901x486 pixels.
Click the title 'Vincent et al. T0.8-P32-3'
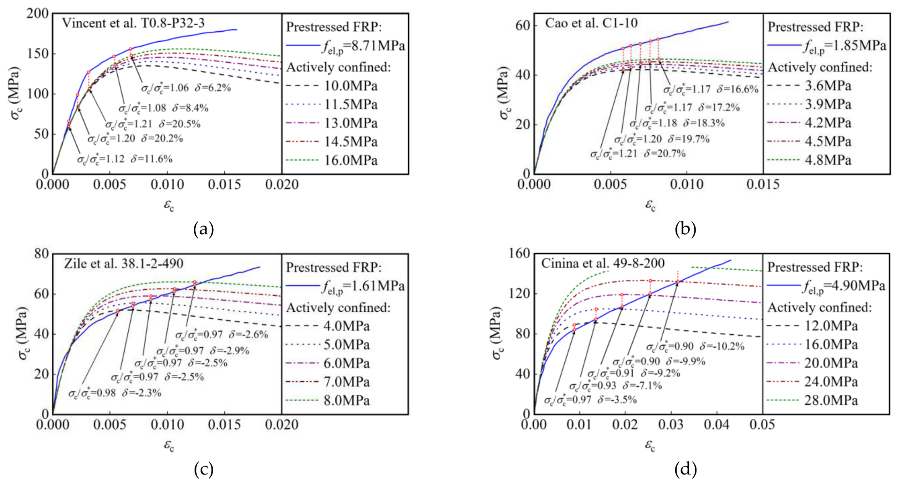[133, 23]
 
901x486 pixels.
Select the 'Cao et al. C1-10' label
[591, 23]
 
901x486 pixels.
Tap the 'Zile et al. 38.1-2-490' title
[124, 263]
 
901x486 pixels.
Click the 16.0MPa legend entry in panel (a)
[332, 160]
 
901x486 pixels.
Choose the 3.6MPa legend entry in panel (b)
[809, 86]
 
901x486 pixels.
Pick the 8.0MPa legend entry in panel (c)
[328, 400]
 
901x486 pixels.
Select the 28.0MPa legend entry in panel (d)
[812, 400]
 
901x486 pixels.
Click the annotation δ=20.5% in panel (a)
[179, 124]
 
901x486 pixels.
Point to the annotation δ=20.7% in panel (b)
[665, 154]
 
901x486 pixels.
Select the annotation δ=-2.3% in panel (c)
[142, 393]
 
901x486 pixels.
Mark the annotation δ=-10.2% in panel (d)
[722, 346]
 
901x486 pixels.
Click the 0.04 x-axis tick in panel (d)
[717, 424]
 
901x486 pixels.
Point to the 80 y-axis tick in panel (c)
[42, 253]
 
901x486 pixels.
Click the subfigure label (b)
[685, 229]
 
